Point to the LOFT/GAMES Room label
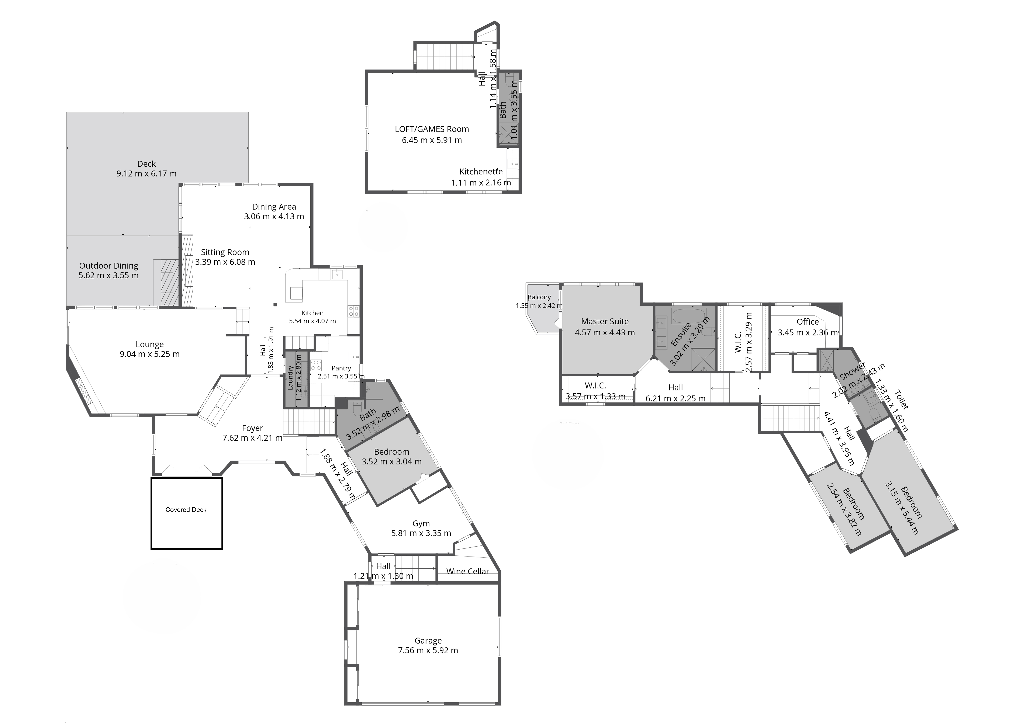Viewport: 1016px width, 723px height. click(432, 129)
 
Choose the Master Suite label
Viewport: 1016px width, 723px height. click(604, 321)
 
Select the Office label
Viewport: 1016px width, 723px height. click(808, 321)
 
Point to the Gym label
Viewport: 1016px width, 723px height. click(421, 524)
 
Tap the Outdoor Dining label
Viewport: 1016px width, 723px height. click(109, 266)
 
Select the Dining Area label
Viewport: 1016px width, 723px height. click(274, 207)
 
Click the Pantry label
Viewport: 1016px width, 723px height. click(341, 368)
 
